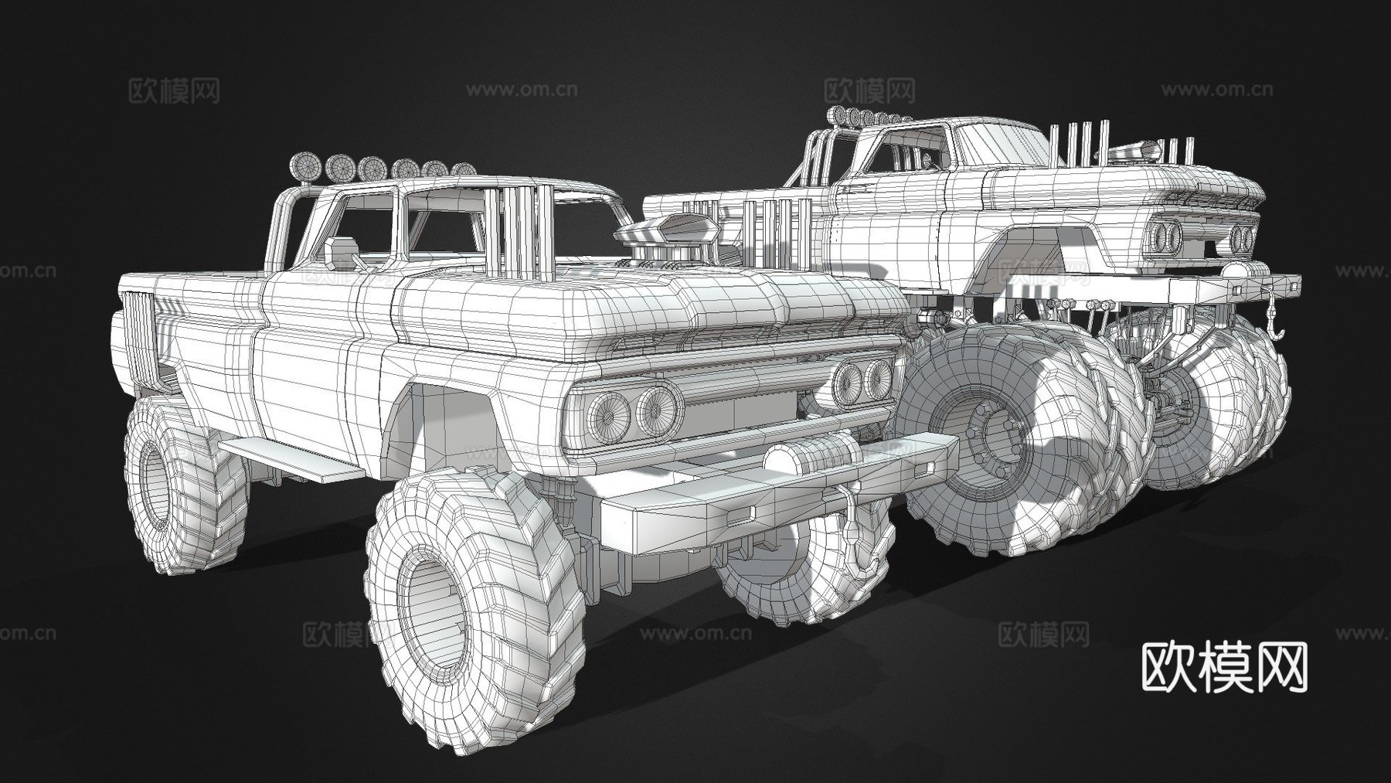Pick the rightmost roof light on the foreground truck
464,169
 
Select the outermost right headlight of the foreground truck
879,376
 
